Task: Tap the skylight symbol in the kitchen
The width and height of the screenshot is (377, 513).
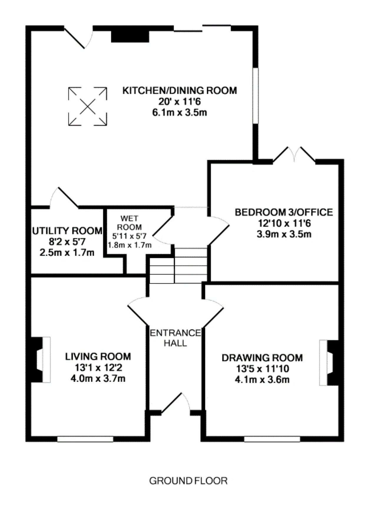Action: tap(87, 106)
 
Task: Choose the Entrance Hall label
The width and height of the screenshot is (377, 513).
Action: tap(176, 338)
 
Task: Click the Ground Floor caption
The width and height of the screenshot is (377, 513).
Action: tap(188, 481)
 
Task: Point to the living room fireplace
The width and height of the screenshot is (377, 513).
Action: tap(40, 360)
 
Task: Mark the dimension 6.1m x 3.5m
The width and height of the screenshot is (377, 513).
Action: tap(180, 112)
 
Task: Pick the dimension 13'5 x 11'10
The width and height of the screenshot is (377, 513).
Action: tap(262, 369)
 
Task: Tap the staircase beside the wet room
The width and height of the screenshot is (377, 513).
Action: tap(178, 265)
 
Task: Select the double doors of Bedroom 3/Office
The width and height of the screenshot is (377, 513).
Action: tap(294, 154)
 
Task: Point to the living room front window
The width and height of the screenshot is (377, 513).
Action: tap(85, 439)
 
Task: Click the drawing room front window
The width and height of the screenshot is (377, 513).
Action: tap(272, 439)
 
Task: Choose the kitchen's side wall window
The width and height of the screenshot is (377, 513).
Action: tap(255, 96)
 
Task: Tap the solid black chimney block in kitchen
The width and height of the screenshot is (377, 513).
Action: tap(130, 37)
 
